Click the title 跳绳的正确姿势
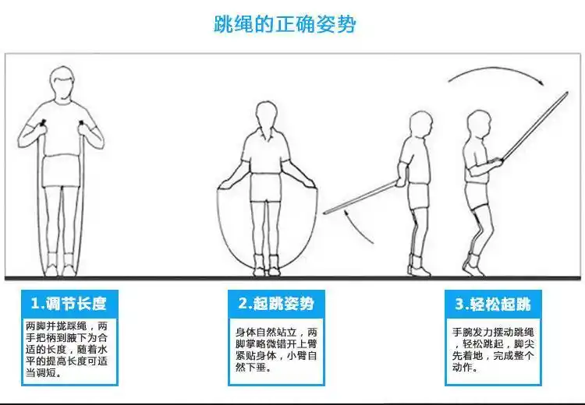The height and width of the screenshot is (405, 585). pos(285,24)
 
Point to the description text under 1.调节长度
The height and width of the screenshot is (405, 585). pos(68,349)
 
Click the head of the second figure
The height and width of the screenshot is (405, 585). pos(265,117)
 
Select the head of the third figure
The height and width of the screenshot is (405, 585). pos(422,125)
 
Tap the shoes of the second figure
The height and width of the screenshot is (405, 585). pos(266,269)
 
